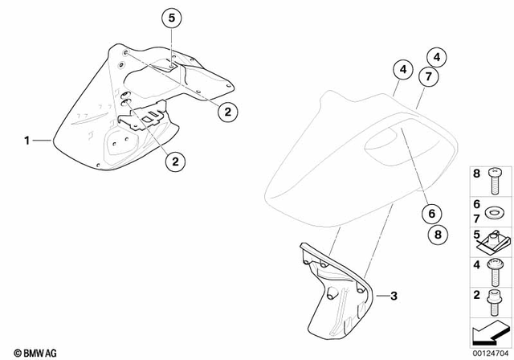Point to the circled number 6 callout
(430, 215)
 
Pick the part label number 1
(27, 140)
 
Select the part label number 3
(394, 296)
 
